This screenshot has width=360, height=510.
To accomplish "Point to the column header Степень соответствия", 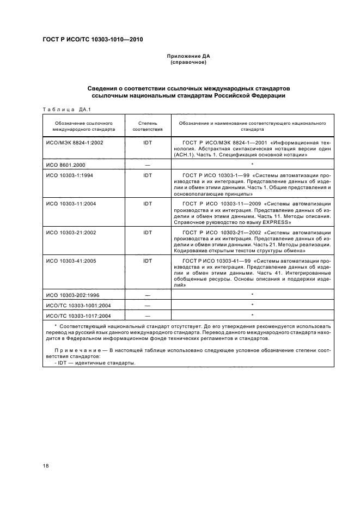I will coord(147,126).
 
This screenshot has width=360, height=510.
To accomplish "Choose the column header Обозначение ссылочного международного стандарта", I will coord(83,126).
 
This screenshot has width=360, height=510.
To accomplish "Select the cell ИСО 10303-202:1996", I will coord(71,295).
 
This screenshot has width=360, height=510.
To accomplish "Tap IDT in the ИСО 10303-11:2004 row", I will coord(147,203).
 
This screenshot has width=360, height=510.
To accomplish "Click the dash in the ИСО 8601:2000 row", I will coord(147,164).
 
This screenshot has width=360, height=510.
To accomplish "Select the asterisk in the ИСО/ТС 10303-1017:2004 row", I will coord(252,315).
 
